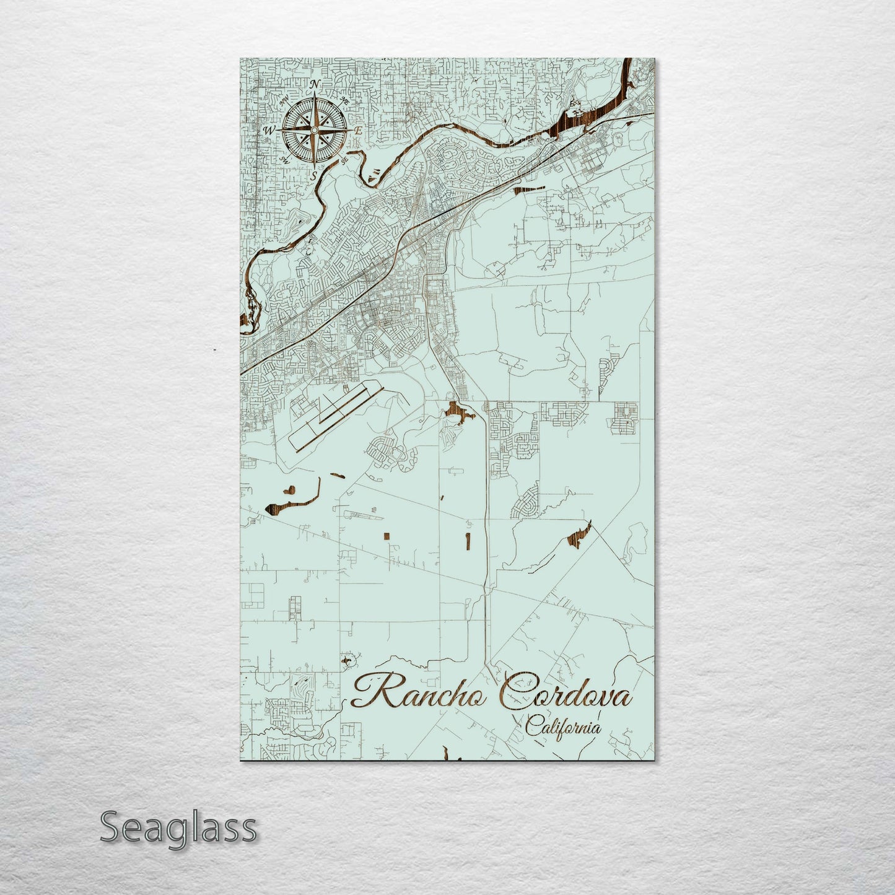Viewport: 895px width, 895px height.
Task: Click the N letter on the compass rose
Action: click(315, 84)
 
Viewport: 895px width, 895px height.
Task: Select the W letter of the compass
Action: click(269, 130)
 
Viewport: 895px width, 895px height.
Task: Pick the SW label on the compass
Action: click(285, 160)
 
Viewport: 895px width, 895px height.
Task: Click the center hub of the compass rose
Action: click(313, 130)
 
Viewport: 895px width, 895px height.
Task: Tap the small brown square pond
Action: click(386, 535)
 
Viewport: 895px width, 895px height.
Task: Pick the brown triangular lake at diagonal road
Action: click(580, 534)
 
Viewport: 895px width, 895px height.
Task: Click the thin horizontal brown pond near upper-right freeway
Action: click(528, 189)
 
